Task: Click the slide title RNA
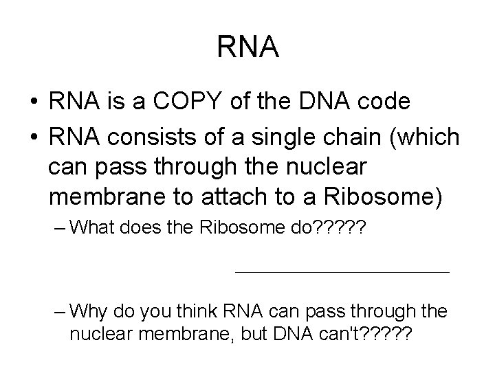(x=247, y=47)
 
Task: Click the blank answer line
(x=342, y=273)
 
